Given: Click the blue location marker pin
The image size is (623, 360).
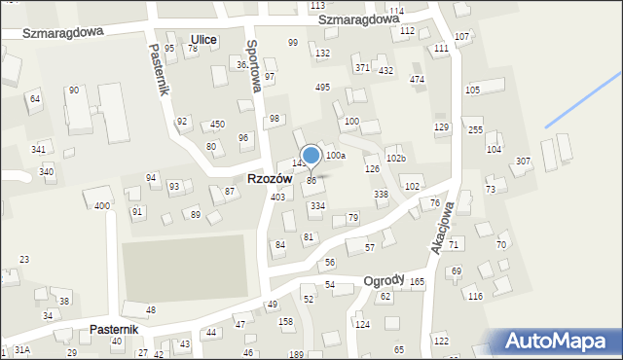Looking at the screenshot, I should tap(311, 156).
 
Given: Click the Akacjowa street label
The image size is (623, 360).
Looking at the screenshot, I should tap(442, 228).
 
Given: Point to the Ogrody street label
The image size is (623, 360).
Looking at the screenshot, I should tap(384, 280).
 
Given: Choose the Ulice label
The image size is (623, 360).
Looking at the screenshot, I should tap(204, 39).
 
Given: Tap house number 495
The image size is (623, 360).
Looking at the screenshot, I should tap(322, 88).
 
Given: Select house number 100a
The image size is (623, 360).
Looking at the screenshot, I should tap(336, 156).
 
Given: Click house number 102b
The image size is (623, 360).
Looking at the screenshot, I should tap(395, 158).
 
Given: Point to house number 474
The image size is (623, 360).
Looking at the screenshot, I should tap(417, 79).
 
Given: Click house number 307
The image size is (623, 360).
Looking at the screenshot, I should tap(523, 161).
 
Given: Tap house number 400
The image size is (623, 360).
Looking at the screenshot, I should tap(101, 205).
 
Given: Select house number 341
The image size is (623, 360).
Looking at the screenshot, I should tap(38, 149).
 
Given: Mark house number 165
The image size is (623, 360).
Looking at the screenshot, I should tap(417, 282).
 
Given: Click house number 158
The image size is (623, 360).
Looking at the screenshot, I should tap(285, 321).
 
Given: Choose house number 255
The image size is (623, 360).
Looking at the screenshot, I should tap(475, 130).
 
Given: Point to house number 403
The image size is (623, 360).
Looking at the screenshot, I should tap(277, 198).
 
